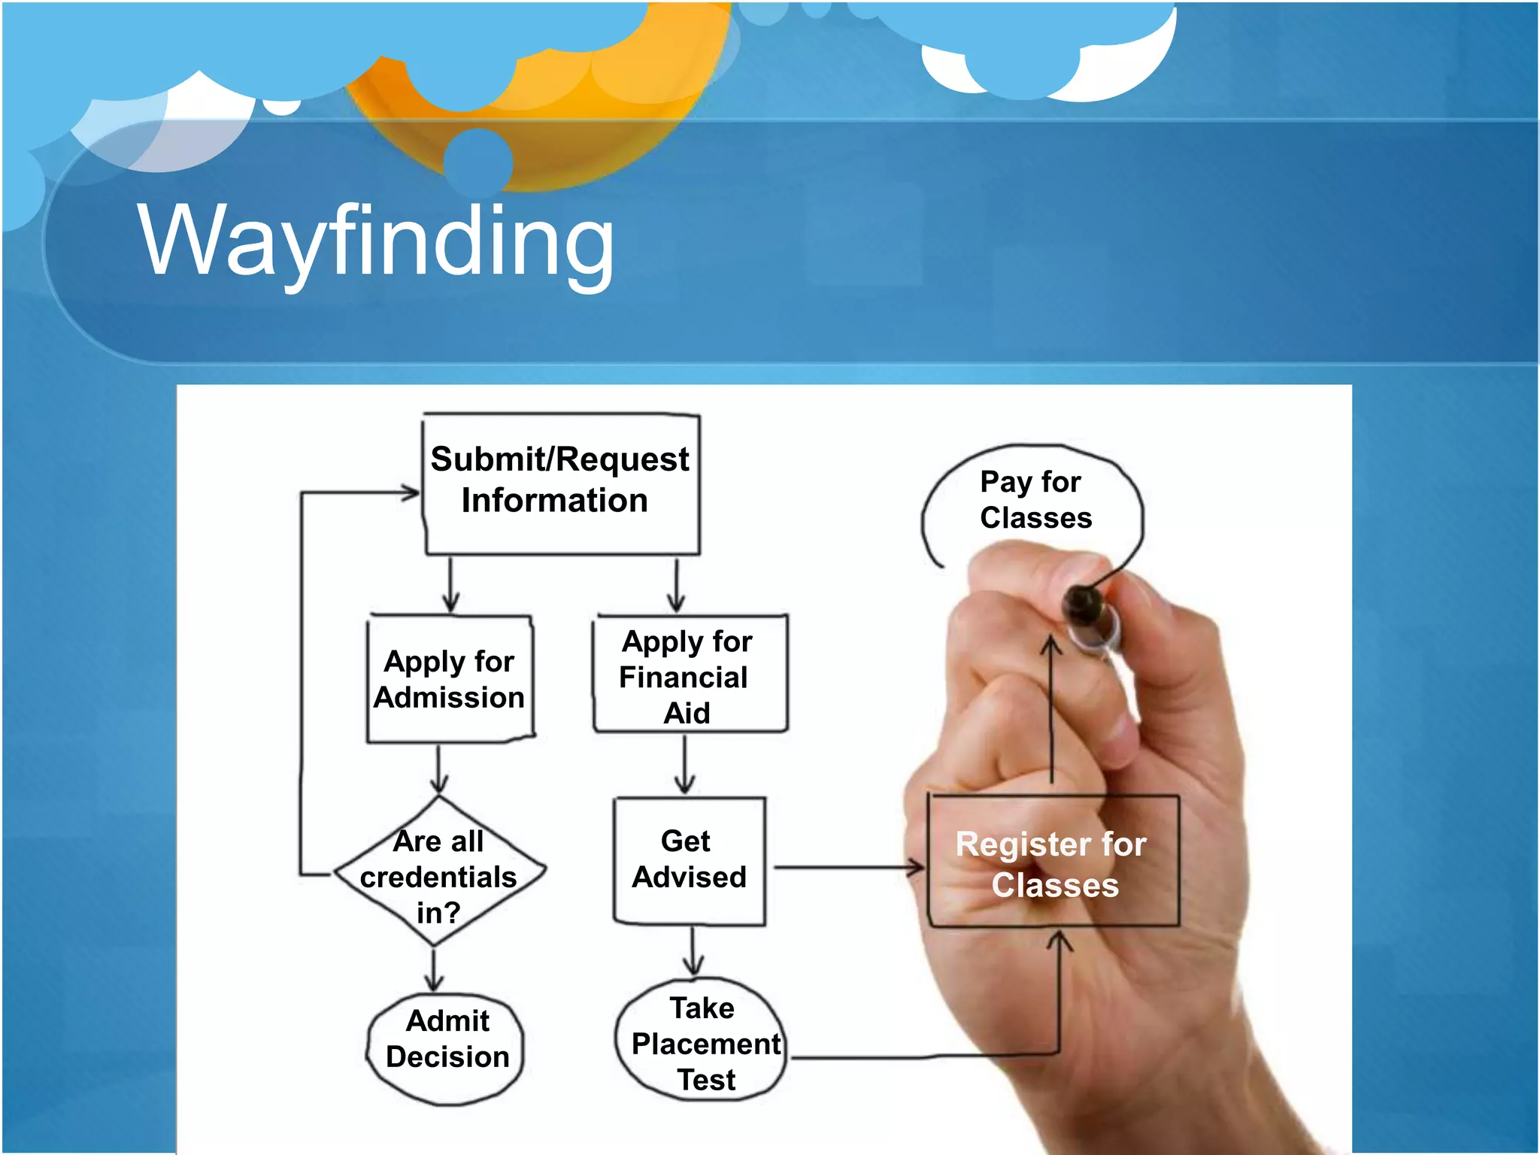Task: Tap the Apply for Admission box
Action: point(450,679)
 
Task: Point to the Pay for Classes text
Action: point(1034,499)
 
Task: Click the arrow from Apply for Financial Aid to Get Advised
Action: point(684,764)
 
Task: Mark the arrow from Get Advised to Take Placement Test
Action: point(693,951)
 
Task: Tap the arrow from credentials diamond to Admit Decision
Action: point(434,970)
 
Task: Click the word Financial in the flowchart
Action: point(683,678)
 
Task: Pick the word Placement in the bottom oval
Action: point(705,1044)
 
